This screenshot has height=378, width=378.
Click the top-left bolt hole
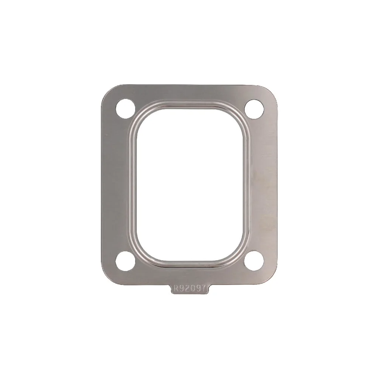pos(126,109)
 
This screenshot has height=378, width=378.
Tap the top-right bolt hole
pos(254,109)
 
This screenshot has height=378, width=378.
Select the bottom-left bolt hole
pos(126,261)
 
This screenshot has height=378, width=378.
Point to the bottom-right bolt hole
pos(254,261)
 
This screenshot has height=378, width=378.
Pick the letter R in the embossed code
pos(177,288)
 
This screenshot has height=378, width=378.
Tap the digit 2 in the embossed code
pos(187,288)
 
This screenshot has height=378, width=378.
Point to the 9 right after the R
pos(182,288)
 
